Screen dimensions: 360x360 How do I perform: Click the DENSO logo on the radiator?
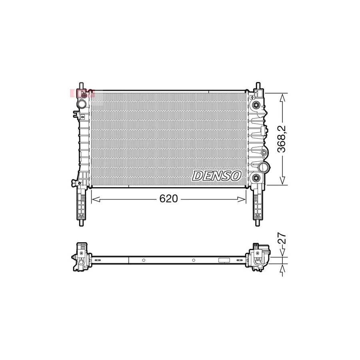(217, 176)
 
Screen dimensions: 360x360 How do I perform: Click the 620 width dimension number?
(168, 199)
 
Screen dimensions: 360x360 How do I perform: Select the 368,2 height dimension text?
(282, 138)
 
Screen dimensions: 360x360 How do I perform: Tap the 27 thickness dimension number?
(282, 239)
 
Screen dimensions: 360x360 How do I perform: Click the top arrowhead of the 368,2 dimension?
(283, 96)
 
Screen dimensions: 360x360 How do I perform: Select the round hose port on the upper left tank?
(82, 104)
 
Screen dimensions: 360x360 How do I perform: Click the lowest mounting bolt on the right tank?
(255, 178)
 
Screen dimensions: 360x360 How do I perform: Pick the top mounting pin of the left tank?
(82, 86)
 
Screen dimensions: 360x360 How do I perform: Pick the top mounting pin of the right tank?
(258, 86)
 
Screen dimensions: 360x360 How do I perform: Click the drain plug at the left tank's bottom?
(74, 183)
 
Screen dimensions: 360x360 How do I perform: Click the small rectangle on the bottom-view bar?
(224, 260)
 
